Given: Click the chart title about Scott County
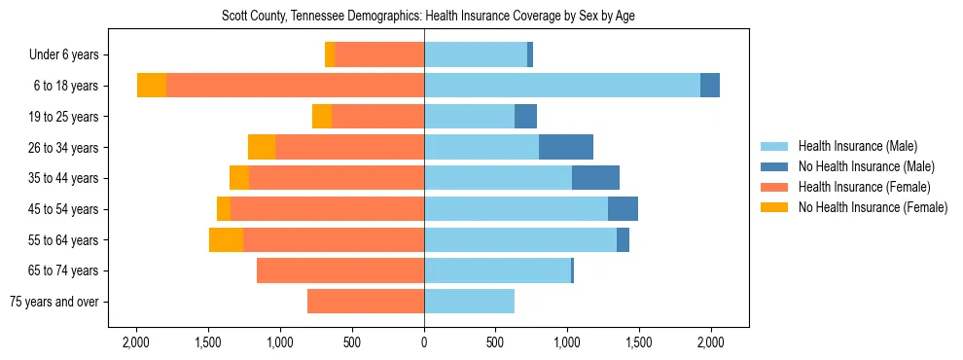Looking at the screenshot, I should coord(424,17).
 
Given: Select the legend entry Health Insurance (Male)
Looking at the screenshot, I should coord(857,146).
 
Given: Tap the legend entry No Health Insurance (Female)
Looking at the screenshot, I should coord(873,207).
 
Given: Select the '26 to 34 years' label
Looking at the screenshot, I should coord(63,148).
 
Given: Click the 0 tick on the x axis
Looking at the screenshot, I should coord(424,342).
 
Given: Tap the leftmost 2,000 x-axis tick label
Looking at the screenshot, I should coord(136,342).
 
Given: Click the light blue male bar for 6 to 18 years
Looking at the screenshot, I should coord(561,86).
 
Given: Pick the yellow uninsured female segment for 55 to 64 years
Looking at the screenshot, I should coord(226,239).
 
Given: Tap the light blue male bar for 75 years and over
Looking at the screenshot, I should coord(469,302).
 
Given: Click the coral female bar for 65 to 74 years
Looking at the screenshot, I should coord(340,270).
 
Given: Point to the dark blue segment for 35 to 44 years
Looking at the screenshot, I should coord(595,178).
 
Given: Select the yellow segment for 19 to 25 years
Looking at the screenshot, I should coord(322,117).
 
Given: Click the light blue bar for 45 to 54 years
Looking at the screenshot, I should coord(516,209).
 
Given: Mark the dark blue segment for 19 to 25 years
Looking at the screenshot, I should coord(525,117).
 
